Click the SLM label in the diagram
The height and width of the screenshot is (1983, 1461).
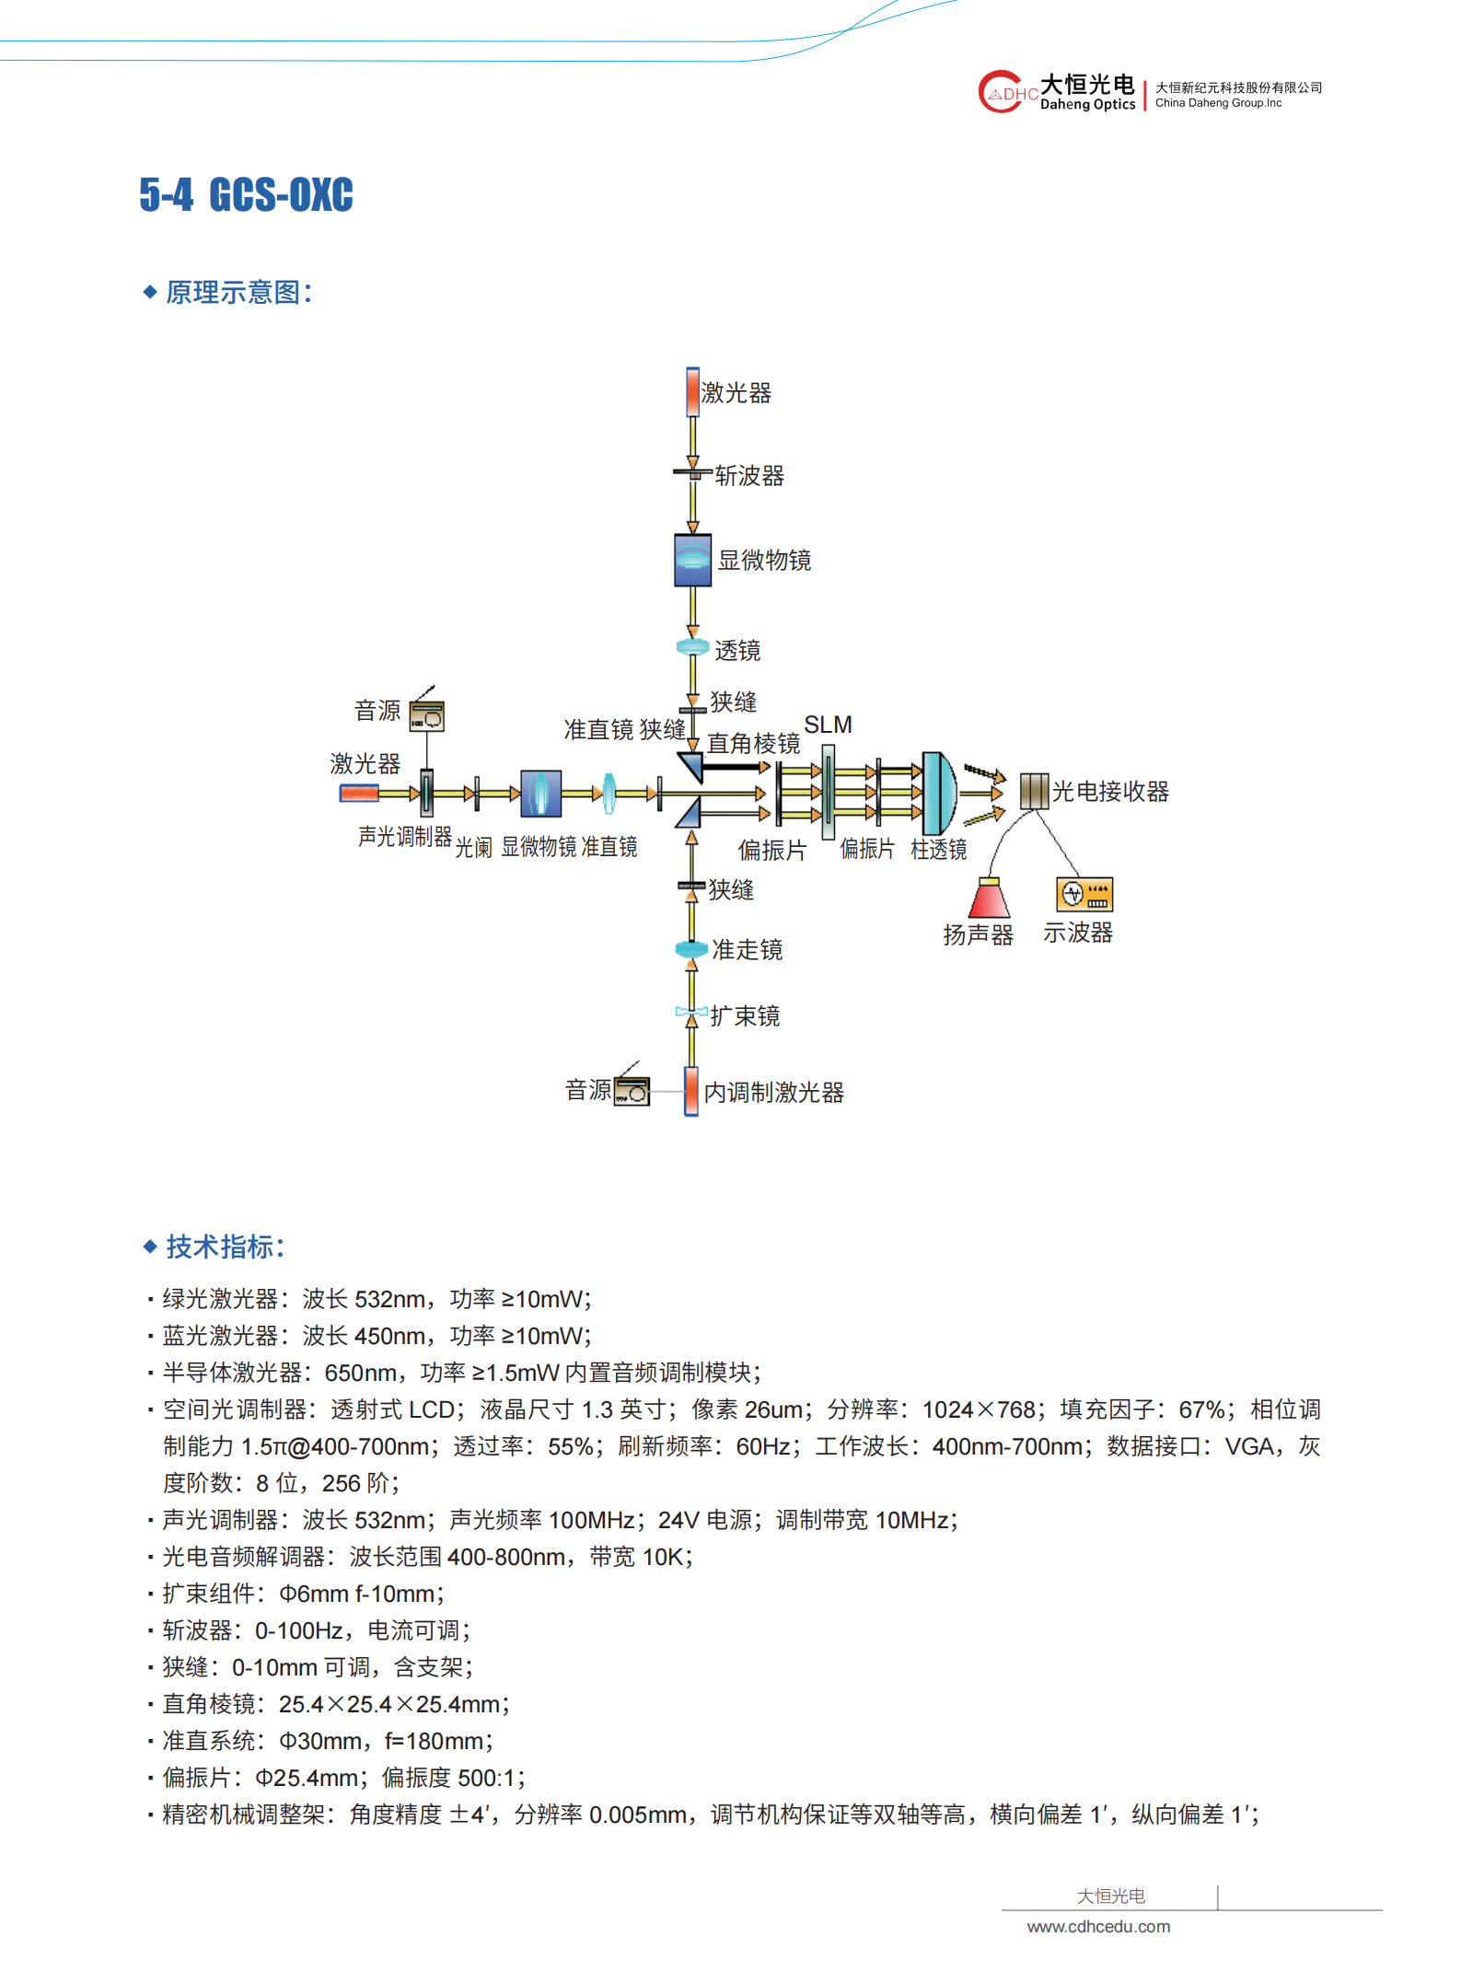pyautogui.click(x=828, y=725)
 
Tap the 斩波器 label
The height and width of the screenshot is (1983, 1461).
pyautogui.click(x=749, y=476)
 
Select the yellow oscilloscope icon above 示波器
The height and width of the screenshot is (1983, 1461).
pyautogui.click(x=1084, y=894)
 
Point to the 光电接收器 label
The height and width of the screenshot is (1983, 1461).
pyautogui.click(x=1110, y=792)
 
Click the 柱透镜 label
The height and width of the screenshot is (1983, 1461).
pyautogui.click(x=939, y=849)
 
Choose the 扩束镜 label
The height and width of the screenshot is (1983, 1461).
pyautogui.click(x=745, y=1016)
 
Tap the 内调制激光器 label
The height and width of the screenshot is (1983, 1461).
pyautogui.click(x=774, y=1093)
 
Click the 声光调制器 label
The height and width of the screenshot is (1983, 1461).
pyautogui.click(x=405, y=836)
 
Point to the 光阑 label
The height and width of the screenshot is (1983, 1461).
pyautogui.click(x=473, y=847)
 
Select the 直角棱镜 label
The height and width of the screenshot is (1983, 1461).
pyautogui.click(x=753, y=744)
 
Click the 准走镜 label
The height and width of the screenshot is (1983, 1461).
pyautogui.click(x=747, y=950)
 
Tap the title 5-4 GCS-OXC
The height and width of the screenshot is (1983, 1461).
pyautogui.click(x=247, y=194)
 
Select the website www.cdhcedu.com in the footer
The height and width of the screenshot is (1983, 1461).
pyautogui.click(x=1098, y=1926)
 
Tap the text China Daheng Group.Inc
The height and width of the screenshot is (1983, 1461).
pyautogui.click(x=1218, y=103)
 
